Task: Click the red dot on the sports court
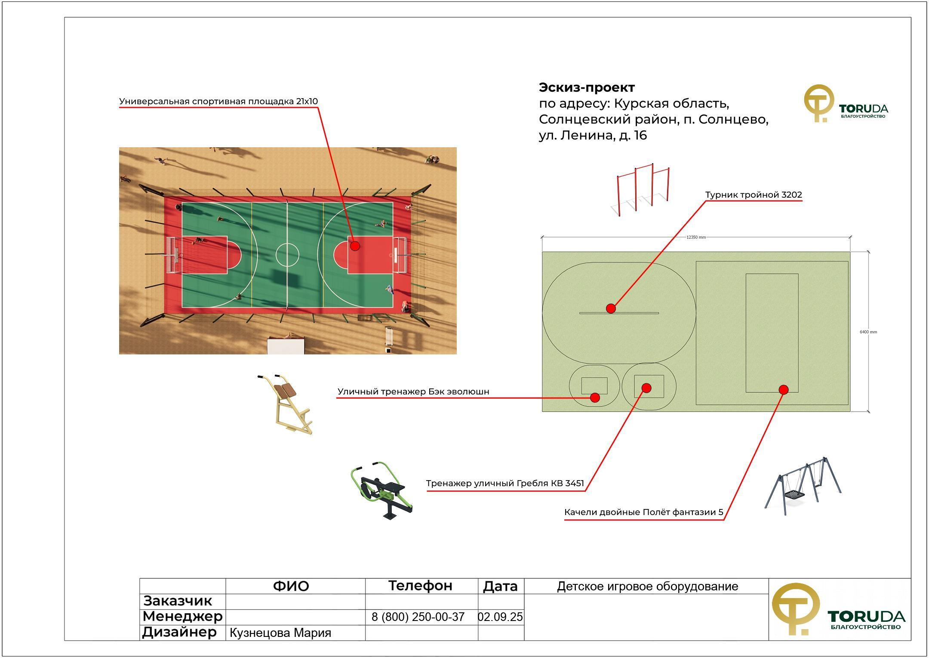tap(355, 246)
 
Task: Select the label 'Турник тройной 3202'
tap(754, 195)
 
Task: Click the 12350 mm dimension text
tap(696, 237)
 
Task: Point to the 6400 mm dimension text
tap(868, 332)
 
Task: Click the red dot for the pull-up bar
tap(611, 308)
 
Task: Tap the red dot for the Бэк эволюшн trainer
tap(595, 397)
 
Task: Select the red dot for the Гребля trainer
tap(646, 388)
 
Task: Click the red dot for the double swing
tap(784, 390)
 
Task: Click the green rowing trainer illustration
tap(382, 492)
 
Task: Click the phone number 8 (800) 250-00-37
tap(418, 617)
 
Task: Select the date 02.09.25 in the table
tap(501, 617)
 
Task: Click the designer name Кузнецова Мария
tap(280, 633)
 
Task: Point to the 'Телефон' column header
tap(420, 586)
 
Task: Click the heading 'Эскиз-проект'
tap(587, 87)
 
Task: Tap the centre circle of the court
tap(287, 255)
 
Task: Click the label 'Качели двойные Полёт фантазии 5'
tap(643, 512)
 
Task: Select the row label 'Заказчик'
tap(178, 601)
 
